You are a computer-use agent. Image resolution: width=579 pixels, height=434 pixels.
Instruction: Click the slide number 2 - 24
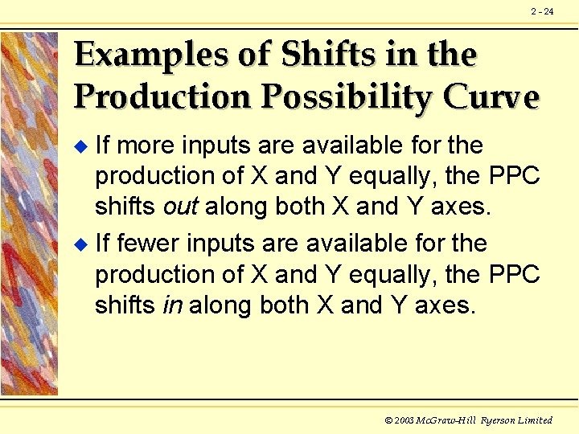tap(542, 11)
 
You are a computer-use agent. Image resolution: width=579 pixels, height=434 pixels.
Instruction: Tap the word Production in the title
tap(160, 96)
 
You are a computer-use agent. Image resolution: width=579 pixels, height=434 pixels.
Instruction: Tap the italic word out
tap(180, 207)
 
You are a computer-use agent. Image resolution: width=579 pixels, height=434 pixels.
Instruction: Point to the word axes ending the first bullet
tap(460, 207)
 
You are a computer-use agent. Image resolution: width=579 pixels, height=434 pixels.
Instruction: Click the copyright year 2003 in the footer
tap(404, 420)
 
